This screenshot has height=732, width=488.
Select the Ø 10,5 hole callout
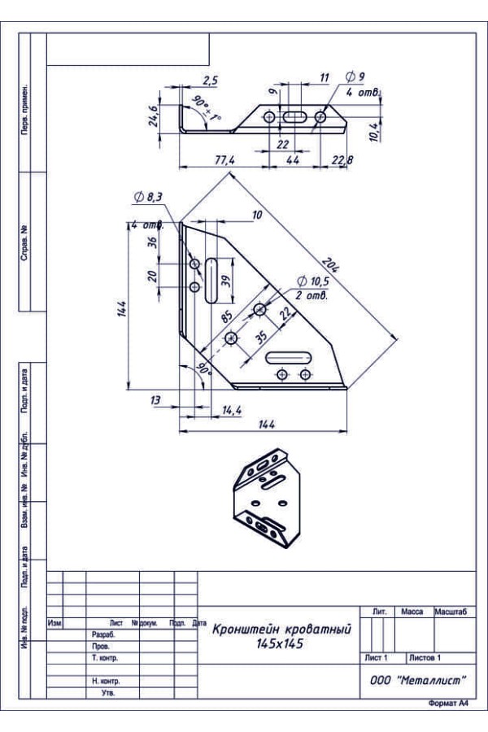pos(313,281)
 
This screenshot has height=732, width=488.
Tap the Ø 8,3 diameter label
pos(148,198)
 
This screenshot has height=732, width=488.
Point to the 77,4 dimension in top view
pos(224,160)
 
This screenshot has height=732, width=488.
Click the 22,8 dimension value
pos(342,160)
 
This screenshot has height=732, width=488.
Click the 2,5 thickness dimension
pos(210,81)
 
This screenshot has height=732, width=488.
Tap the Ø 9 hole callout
pos(355,76)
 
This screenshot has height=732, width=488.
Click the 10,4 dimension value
pos(374,132)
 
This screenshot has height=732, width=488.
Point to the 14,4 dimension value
pos(232,411)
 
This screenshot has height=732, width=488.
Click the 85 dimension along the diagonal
pos(227,317)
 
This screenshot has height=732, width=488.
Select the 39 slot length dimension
pos(226,281)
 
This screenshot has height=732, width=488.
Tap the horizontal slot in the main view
pos(289,358)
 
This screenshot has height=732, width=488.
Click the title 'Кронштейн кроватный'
pos(281,630)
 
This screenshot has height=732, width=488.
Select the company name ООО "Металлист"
pos(418,681)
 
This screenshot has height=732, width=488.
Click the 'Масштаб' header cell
pos(450,612)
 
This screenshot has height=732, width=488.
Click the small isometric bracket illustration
pos(267,498)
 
